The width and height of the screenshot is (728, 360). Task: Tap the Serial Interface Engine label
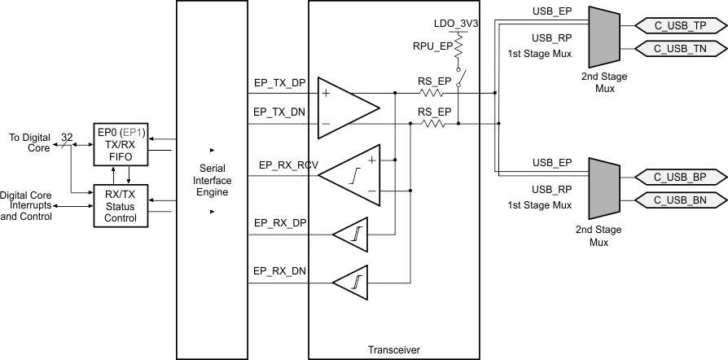tap(212, 181)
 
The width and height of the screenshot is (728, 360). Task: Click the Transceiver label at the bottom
tap(393, 349)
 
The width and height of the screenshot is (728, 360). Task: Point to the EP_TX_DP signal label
tap(280, 84)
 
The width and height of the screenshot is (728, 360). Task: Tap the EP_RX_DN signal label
tap(280, 270)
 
